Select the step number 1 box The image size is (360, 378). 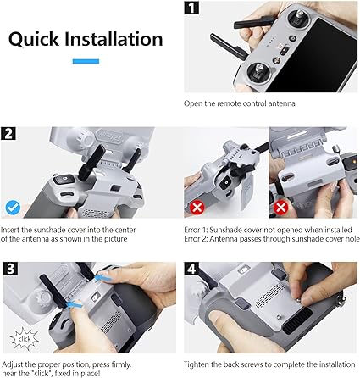point(192,11)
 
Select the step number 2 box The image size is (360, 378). point(11,134)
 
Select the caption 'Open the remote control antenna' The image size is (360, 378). point(232,104)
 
